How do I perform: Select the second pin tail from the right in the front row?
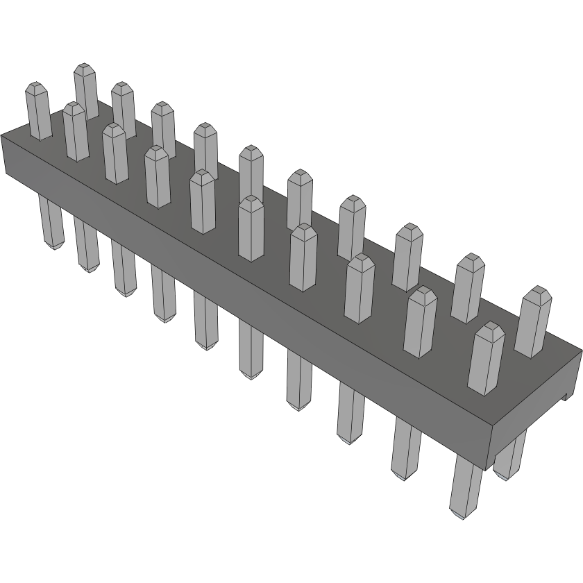click(406, 448)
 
